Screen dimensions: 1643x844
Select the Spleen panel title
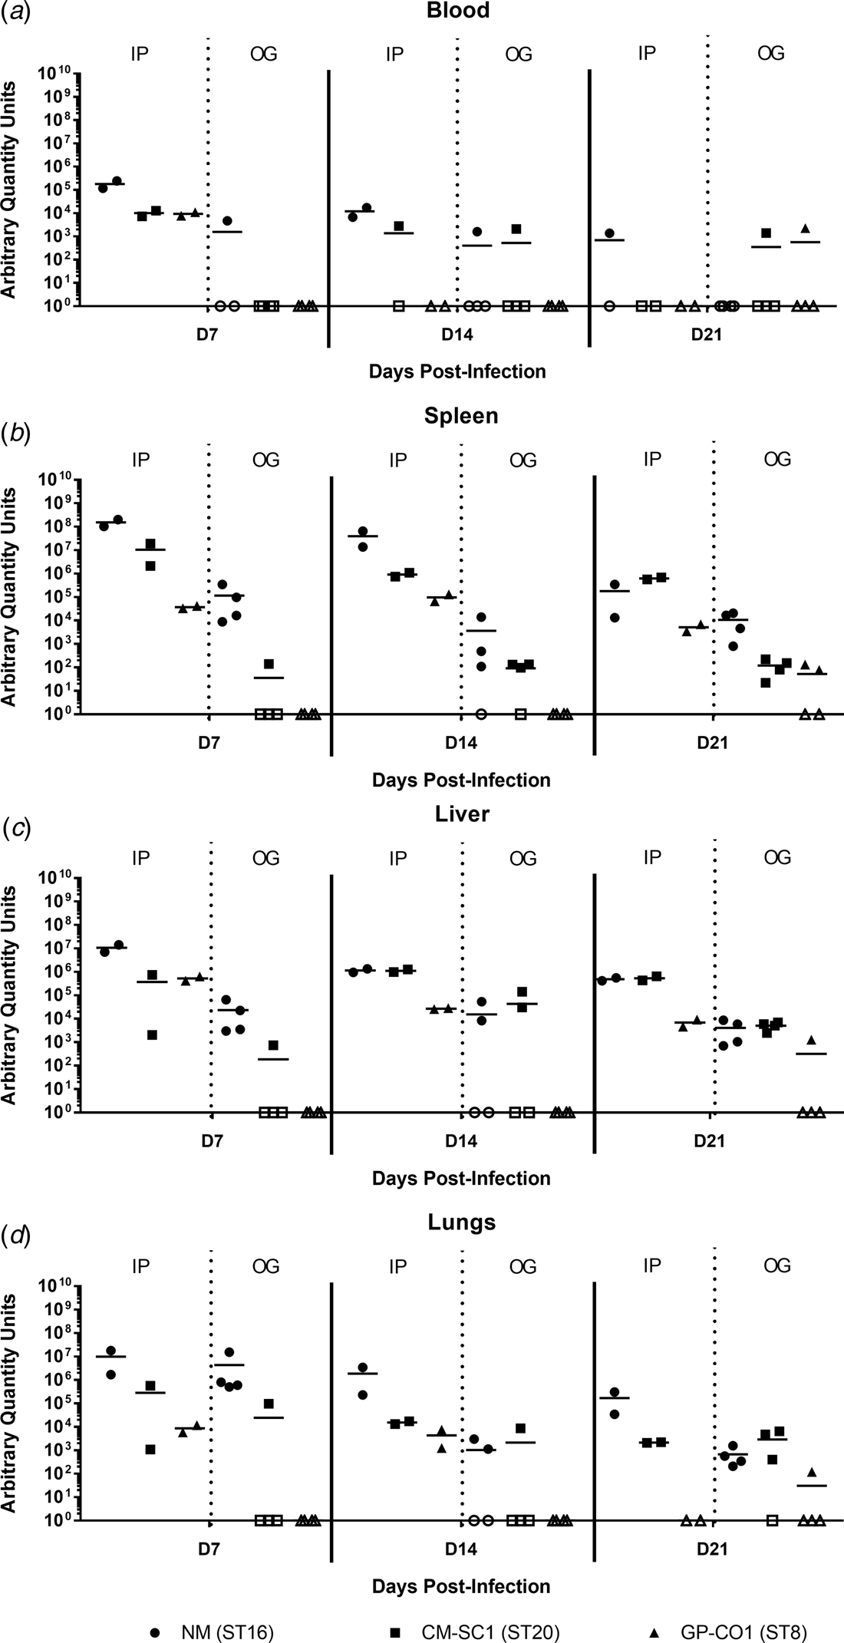(x=461, y=416)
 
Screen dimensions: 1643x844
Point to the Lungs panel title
(x=461, y=1222)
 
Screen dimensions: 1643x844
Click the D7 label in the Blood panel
(x=208, y=336)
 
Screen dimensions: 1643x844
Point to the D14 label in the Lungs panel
(x=461, y=1549)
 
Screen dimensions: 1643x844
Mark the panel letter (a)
(x=16, y=13)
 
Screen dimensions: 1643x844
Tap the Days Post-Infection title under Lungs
(x=461, y=1585)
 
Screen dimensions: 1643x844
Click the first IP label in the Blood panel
(x=140, y=54)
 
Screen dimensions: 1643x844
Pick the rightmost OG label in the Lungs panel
(x=777, y=1265)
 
